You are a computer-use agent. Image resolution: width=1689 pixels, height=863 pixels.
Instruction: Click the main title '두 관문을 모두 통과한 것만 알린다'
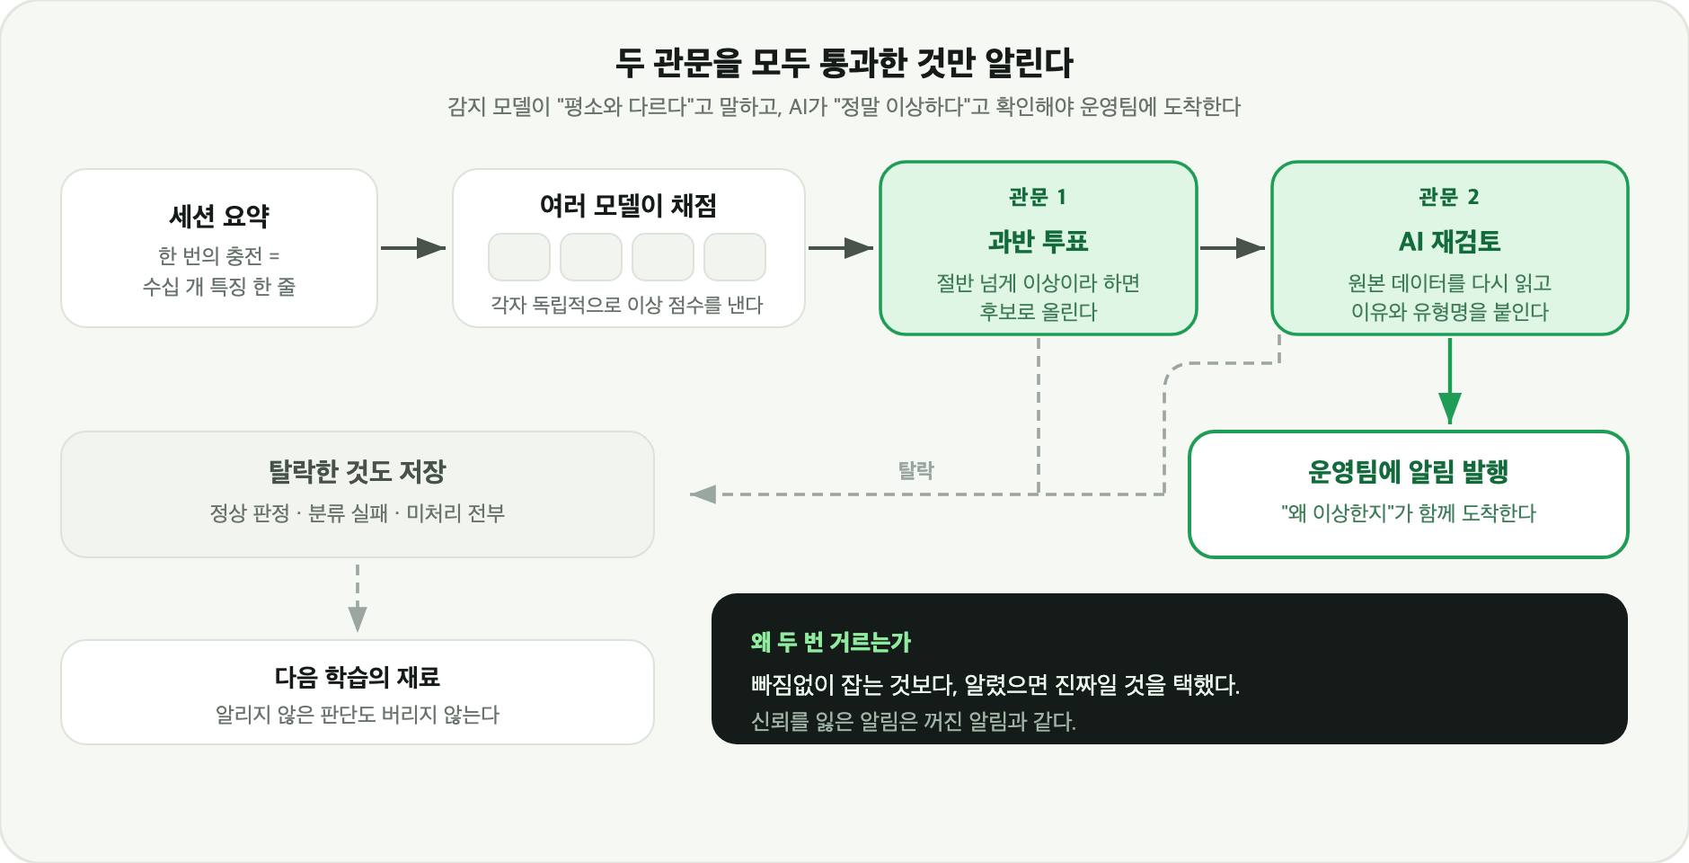click(844, 63)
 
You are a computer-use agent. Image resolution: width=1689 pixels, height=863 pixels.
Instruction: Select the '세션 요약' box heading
click(219, 216)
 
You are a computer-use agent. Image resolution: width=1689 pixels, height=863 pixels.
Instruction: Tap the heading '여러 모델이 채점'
click(628, 206)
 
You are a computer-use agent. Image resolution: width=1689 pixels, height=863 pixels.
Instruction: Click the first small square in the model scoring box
click(519, 257)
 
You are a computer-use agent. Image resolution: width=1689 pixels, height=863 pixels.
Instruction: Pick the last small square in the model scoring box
click(735, 257)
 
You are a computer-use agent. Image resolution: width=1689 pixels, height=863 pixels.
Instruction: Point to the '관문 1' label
click(1038, 197)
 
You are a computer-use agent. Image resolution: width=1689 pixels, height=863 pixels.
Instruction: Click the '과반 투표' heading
click(1038, 241)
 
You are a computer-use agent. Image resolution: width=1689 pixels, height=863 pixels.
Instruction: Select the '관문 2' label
click(1449, 197)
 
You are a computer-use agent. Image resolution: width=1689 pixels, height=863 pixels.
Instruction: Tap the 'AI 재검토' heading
click(1449, 241)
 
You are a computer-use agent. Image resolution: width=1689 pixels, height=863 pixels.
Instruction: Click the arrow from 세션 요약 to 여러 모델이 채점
click(413, 248)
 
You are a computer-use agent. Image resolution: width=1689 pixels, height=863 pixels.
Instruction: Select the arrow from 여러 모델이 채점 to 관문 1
click(841, 248)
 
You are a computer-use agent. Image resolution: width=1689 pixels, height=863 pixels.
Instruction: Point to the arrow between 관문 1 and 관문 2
click(1233, 248)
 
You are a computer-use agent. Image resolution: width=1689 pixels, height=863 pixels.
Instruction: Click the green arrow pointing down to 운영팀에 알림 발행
click(1450, 381)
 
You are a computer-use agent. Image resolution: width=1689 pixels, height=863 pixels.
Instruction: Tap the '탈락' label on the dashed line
click(916, 470)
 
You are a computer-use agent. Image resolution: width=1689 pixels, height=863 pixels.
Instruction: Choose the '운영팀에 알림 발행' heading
click(1408, 471)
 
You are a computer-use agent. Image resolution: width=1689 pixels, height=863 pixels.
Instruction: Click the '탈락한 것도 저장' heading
click(358, 471)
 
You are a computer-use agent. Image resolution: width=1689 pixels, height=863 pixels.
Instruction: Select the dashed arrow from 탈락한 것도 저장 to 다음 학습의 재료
click(358, 599)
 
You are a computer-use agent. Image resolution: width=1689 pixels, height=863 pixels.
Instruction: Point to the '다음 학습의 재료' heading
click(358, 676)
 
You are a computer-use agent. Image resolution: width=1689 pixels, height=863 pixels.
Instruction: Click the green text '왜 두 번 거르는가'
click(831, 642)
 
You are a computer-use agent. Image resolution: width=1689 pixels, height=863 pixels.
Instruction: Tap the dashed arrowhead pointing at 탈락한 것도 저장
click(703, 494)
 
